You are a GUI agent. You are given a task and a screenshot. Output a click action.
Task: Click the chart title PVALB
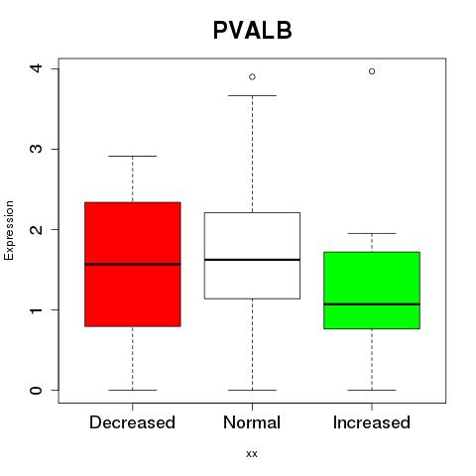click(x=253, y=30)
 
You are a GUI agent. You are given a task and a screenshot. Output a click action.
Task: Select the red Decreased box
click(x=133, y=264)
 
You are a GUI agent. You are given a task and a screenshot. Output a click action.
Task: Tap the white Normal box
click(x=252, y=256)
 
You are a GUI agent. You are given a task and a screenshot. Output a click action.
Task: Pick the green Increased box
click(x=372, y=291)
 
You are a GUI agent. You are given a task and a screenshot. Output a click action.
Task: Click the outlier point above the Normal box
click(x=252, y=77)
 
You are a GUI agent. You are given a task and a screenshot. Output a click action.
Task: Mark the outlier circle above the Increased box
click(x=372, y=71)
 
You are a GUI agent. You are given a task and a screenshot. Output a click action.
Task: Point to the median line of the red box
click(x=133, y=264)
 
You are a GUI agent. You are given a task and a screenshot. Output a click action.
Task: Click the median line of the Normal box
click(x=252, y=260)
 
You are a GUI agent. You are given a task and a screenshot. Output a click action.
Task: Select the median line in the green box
click(x=372, y=304)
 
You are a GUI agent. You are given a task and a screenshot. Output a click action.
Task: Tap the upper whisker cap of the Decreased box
click(x=133, y=156)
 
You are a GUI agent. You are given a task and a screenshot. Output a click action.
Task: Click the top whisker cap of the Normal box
click(x=252, y=95)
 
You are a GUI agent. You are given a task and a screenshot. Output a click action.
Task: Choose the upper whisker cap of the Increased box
click(x=372, y=233)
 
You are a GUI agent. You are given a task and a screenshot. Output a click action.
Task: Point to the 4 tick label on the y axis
click(x=36, y=68)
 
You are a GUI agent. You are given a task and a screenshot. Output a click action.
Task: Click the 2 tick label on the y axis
click(x=36, y=229)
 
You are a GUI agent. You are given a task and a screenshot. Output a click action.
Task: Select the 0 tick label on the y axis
click(x=36, y=390)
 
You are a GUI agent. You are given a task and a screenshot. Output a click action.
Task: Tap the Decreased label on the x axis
click(x=132, y=422)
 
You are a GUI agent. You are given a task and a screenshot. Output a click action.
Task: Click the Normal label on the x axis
click(x=252, y=422)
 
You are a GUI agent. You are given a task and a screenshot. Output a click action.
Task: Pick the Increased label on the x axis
click(x=372, y=422)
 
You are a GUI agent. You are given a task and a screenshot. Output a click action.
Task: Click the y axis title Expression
click(x=9, y=230)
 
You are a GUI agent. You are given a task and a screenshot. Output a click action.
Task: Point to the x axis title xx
click(x=252, y=454)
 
